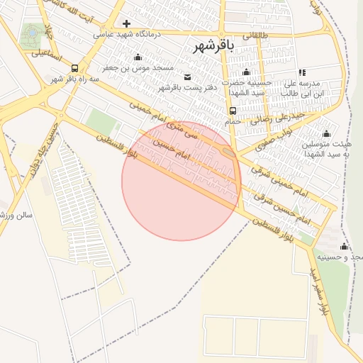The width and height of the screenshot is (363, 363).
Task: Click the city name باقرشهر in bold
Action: coord(212,46)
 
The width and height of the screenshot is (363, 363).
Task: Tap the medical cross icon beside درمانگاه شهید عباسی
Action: coord(127,23)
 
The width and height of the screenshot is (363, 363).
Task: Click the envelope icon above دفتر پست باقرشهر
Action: coord(187,77)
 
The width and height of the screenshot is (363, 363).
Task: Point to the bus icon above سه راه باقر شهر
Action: coord(75,68)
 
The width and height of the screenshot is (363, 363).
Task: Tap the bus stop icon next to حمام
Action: coord(233,111)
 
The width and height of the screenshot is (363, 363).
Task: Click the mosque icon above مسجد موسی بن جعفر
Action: coord(138,57)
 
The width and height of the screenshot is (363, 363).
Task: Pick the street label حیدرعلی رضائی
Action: coord(279,115)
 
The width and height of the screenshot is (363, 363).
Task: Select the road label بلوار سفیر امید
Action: coord(318,291)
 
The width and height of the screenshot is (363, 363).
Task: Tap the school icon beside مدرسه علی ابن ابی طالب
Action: coord(303,72)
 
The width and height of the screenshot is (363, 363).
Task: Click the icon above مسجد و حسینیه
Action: coord(344,246)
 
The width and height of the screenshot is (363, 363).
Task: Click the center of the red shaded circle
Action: coord(181,181)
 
